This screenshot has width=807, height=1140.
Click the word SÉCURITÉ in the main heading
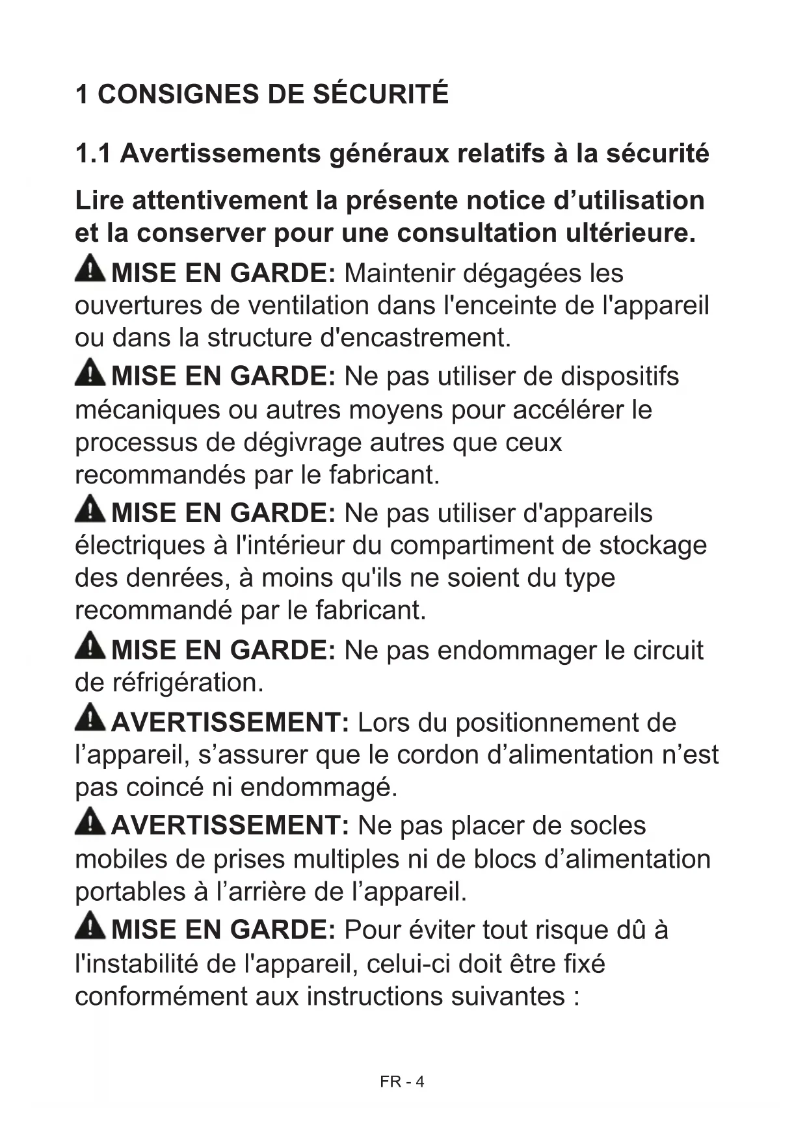(x=380, y=94)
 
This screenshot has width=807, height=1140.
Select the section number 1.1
(x=93, y=154)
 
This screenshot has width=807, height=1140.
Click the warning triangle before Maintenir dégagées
(x=90, y=269)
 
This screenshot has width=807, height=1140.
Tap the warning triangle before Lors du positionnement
(x=90, y=718)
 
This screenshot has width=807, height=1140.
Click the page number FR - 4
(x=402, y=1082)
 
